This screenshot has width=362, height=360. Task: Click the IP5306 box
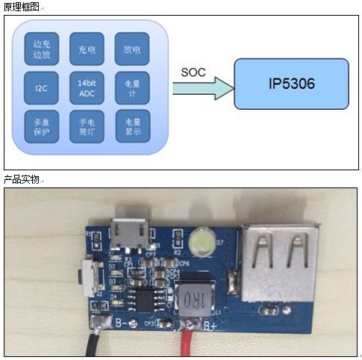291,83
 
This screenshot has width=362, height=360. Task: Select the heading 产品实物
22,180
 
